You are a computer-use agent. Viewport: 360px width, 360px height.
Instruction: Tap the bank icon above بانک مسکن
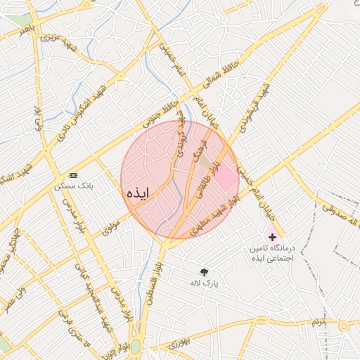(x=75, y=175)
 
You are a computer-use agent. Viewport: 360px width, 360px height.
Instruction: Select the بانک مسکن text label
(x=75, y=186)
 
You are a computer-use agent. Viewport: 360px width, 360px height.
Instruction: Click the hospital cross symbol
(x=272, y=238)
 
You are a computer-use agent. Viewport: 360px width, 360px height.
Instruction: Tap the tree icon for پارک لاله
(x=205, y=272)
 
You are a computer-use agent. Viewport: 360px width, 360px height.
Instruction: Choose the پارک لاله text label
(x=205, y=283)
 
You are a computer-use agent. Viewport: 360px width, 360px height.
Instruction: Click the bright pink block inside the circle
(x=225, y=179)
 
